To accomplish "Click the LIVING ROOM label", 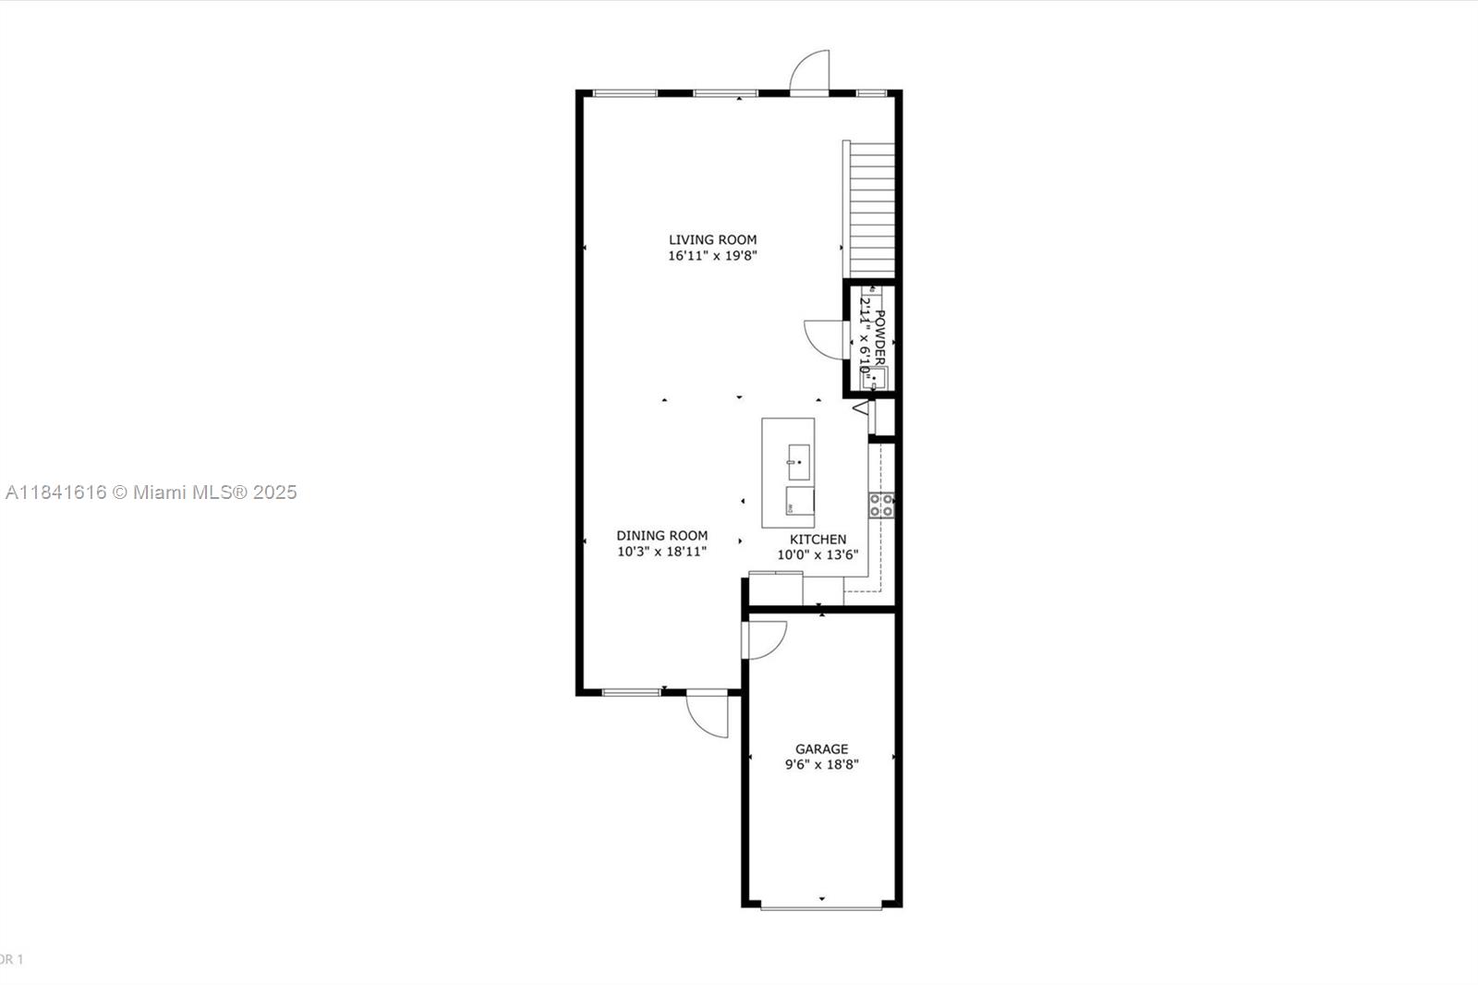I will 712,239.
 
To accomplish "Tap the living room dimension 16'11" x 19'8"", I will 712,256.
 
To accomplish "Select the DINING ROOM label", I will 662,535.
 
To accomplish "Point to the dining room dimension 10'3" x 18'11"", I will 662,552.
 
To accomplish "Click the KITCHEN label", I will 818,539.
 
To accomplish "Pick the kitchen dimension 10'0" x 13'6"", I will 818,555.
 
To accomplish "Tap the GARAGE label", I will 821,748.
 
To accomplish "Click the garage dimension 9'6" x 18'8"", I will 821,765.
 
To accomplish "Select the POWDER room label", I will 880,338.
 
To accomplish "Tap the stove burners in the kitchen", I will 880,505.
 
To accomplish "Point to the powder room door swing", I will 825,338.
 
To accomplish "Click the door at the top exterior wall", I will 810,74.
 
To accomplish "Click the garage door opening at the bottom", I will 821,907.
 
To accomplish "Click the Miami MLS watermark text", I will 151,492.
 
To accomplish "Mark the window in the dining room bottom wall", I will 631,692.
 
